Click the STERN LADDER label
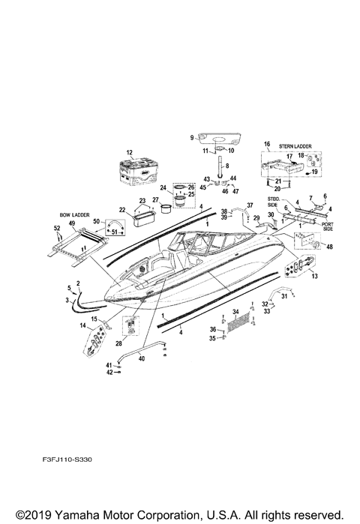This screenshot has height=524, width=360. point(295,147)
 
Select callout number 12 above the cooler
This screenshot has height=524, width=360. point(129,152)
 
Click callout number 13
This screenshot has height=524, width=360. point(313,277)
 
